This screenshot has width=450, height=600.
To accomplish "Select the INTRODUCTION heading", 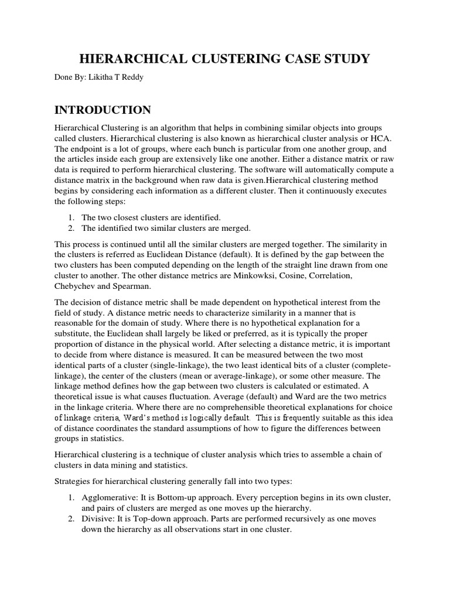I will click(x=103, y=110).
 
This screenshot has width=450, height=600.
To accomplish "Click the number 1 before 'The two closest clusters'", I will click(x=71, y=217).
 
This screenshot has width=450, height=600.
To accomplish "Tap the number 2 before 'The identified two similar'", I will click(x=71, y=228).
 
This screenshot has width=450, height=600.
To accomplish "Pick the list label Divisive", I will click(x=98, y=519).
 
